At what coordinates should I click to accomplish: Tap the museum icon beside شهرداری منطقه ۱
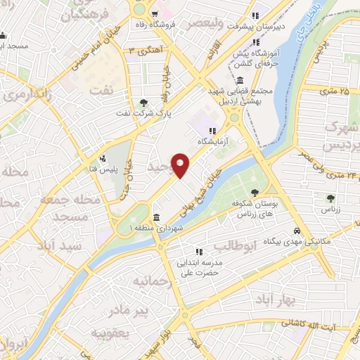(155, 217)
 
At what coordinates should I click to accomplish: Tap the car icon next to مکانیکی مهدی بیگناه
(297, 231)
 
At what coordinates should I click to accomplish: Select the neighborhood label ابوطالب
(231, 247)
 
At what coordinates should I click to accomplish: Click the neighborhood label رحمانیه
(150, 281)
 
